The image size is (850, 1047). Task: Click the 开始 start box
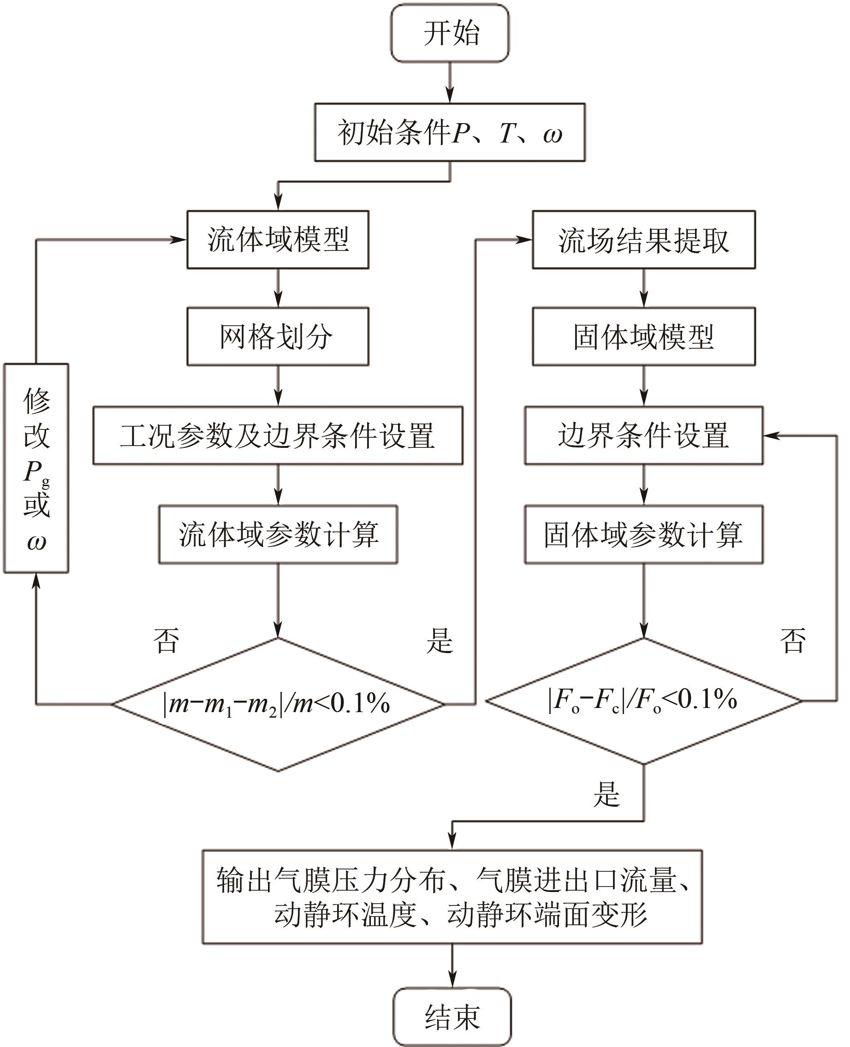(x=450, y=33)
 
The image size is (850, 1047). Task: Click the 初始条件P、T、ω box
(x=450, y=132)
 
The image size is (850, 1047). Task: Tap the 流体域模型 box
(x=278, y=239)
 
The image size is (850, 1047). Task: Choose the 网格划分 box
(x=278, y=336)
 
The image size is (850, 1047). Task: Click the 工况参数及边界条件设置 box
(x=278, y=435)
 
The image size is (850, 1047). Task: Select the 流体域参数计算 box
(x=278, y=534)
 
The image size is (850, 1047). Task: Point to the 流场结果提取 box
(x=643, y=239)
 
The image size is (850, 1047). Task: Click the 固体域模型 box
(x=643, y=336)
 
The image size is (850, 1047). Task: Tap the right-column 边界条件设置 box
(x=643, y=435)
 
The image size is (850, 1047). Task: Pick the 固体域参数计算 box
(x=643, y=534)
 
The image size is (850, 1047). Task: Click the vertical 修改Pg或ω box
(x=36, y=468)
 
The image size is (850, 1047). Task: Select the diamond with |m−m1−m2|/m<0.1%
(x=278, y=704)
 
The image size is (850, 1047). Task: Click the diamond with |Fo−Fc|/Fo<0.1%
(x=643, y=700)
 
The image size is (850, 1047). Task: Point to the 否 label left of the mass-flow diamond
(x=166, y=640)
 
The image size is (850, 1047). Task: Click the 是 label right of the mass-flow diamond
(x=439, y=640)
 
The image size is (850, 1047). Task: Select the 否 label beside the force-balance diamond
(x=792, y=640)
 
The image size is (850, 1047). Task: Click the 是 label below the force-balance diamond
(x=606, y=794)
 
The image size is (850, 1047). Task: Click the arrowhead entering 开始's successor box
(x=450, y=96)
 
